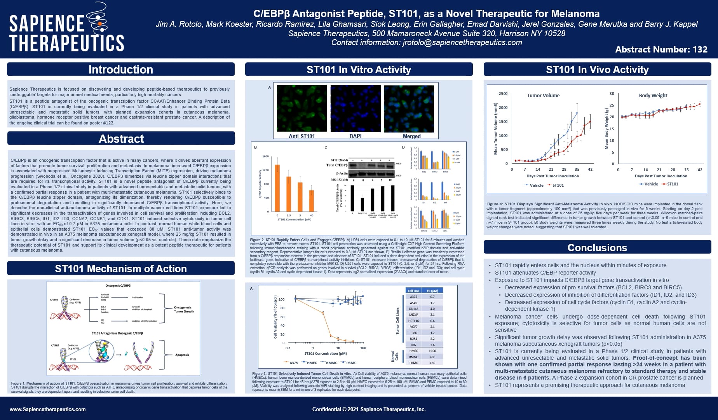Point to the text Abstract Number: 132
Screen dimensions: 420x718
(661, 49)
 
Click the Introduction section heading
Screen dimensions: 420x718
(120, 70)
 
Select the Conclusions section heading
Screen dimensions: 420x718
(597, 248)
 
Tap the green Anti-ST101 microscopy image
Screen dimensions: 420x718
(301, 108)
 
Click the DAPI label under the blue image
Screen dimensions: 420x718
(355, 136)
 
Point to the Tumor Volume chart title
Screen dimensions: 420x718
(543, 96)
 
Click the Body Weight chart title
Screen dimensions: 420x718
(653, 96)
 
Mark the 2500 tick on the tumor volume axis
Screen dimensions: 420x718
(503, 94)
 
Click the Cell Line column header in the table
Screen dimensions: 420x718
(413, 291)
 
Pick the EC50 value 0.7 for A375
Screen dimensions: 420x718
(432, 297)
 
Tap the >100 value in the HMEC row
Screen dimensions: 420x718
(432, 351)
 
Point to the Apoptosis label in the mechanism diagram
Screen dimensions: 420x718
(182, 355)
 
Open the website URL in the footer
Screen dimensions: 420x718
(47, 409)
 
